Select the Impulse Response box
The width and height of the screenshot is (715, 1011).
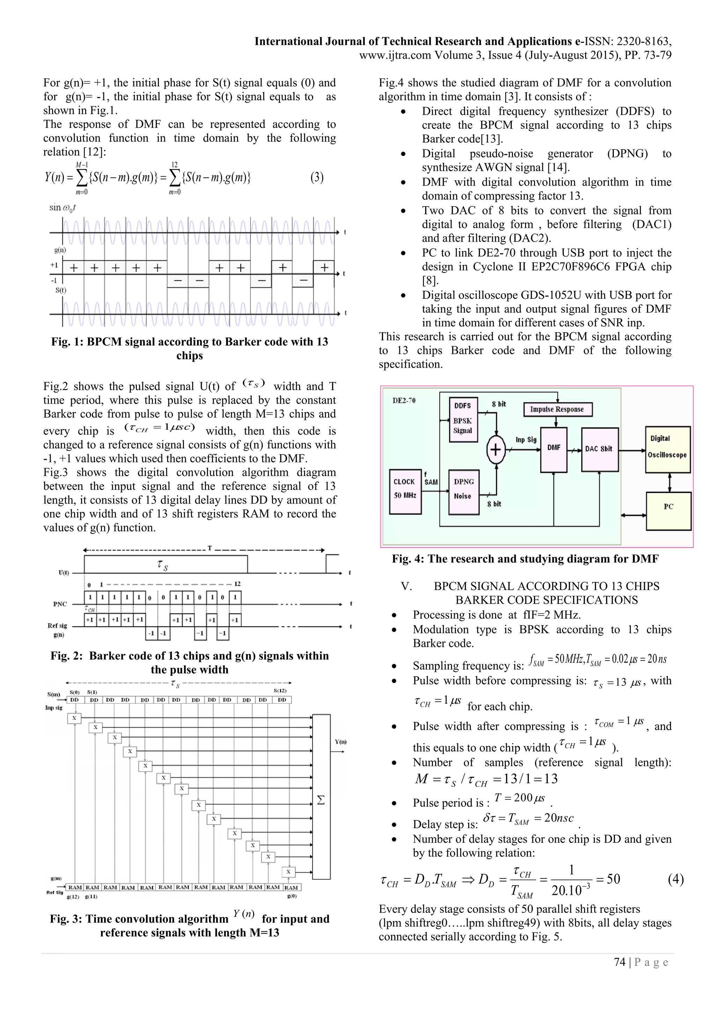[558, 409]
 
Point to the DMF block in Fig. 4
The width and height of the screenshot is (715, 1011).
[553, 448]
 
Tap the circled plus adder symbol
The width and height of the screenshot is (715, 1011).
[496, 450]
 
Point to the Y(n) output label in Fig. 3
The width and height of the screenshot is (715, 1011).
[341, 742]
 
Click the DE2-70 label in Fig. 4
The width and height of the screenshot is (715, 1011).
[404, 401]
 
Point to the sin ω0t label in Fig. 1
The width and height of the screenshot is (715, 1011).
[62, 208]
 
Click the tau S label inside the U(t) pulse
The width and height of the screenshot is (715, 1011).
[162, 565]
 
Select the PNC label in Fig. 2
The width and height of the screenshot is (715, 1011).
[60, 604]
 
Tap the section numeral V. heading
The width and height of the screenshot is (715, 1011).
[406, 586]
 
